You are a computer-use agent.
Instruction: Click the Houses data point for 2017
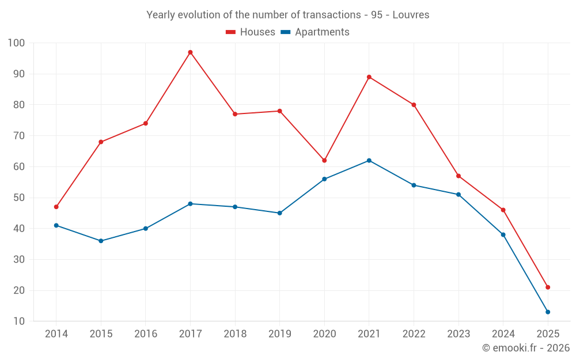point(190,52)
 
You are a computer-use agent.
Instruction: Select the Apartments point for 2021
point(369,160)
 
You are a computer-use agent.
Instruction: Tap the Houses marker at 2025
point(548,287)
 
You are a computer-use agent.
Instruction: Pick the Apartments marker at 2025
point(548,312)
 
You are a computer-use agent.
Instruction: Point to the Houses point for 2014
point(56,207)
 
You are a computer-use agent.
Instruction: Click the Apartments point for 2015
point(101,241)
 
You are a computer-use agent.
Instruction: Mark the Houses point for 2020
point(324,160)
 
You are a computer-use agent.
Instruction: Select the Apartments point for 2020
point(324,179)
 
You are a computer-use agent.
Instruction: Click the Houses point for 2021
point(369,77)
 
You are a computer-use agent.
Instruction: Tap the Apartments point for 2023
point(458,195)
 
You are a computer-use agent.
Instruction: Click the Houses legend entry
point(251,32)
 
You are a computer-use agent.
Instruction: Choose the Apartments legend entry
point(315,32)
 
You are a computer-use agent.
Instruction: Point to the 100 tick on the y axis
point(17,43)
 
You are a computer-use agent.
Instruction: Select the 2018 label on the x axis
point(235,334)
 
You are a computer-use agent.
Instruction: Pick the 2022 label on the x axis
point(414,334)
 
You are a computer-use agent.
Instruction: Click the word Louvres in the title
point(411,15)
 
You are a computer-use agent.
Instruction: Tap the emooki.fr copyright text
point(525,348)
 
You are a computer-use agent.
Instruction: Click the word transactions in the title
point(329,15)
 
